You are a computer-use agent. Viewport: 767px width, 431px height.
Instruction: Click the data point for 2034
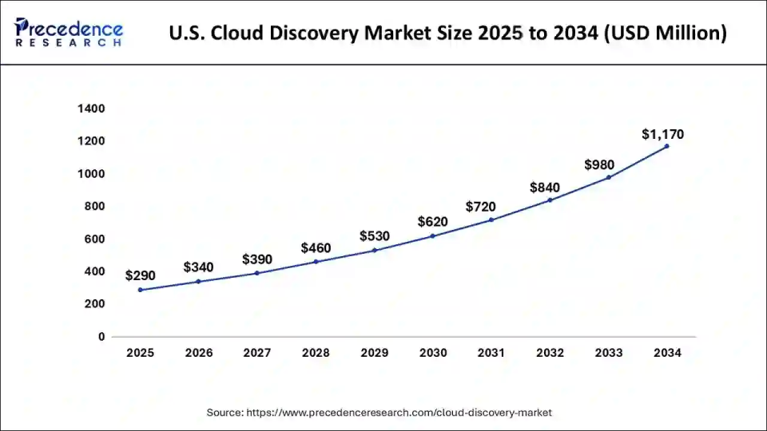(666, 146)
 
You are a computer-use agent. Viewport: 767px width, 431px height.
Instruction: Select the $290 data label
(140, 276)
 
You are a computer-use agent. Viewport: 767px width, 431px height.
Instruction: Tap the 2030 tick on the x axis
(432, 353)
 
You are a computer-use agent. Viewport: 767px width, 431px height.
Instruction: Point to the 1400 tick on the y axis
(91, 109)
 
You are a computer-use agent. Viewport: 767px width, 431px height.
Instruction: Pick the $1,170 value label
(662, 135)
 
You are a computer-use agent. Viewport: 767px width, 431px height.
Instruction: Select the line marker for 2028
(316, 262)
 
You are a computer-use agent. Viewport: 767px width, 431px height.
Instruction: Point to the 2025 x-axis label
(140, 353)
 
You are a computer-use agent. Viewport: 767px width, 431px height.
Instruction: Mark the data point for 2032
(550, 200)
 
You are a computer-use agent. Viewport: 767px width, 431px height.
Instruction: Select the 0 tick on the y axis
(101, 337)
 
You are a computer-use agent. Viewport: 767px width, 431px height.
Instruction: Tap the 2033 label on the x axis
(608, 353)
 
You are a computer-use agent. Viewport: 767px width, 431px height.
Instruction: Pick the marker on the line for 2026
(198, 282)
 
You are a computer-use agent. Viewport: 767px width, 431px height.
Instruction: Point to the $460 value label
(316, 248)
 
